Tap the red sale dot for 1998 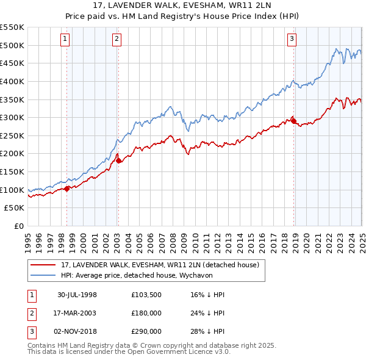point(66,189)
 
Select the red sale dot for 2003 point(118,160)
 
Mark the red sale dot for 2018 point(294,121)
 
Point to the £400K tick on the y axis point(12,81)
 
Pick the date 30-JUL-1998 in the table point(77,295)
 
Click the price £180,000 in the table point(146,313)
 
